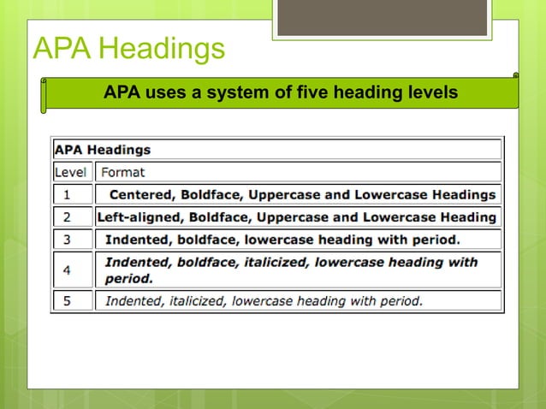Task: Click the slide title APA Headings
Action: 129,49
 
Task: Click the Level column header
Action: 71,172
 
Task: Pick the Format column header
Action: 123,172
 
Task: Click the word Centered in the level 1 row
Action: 143,195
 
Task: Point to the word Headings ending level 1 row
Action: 464,195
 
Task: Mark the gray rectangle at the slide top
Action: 383,17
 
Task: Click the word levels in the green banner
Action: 432,92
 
